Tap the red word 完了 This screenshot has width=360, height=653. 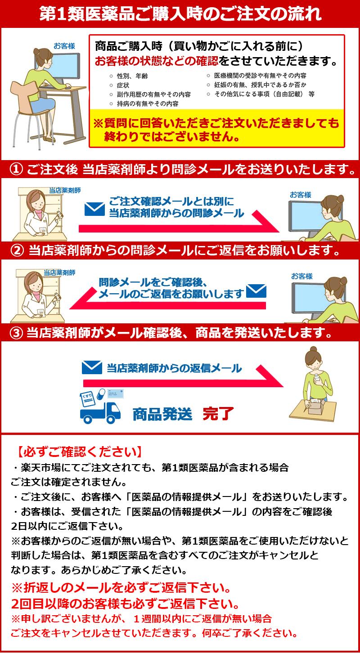pos(218,414)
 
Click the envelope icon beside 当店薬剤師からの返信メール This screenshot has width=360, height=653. pos(92,367)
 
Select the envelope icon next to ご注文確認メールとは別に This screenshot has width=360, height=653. pos(94,209)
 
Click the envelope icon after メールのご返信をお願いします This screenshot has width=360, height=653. pos(256,291)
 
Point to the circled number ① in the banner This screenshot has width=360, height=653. pos(16,170)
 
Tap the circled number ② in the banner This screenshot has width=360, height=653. pos(17,250)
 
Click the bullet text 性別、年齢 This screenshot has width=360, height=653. pos(132,76)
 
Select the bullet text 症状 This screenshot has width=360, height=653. pos(123,85)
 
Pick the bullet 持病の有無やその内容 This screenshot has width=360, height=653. pos(148,103)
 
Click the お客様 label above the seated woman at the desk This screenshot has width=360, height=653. pos(64,46)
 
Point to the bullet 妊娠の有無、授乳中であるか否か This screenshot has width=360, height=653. pos(261,85)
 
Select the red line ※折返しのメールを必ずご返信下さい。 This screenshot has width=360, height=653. pos(121,587)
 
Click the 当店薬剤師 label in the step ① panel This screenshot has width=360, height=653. pos(65,190)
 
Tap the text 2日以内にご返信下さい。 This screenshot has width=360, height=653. pos(67,526)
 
